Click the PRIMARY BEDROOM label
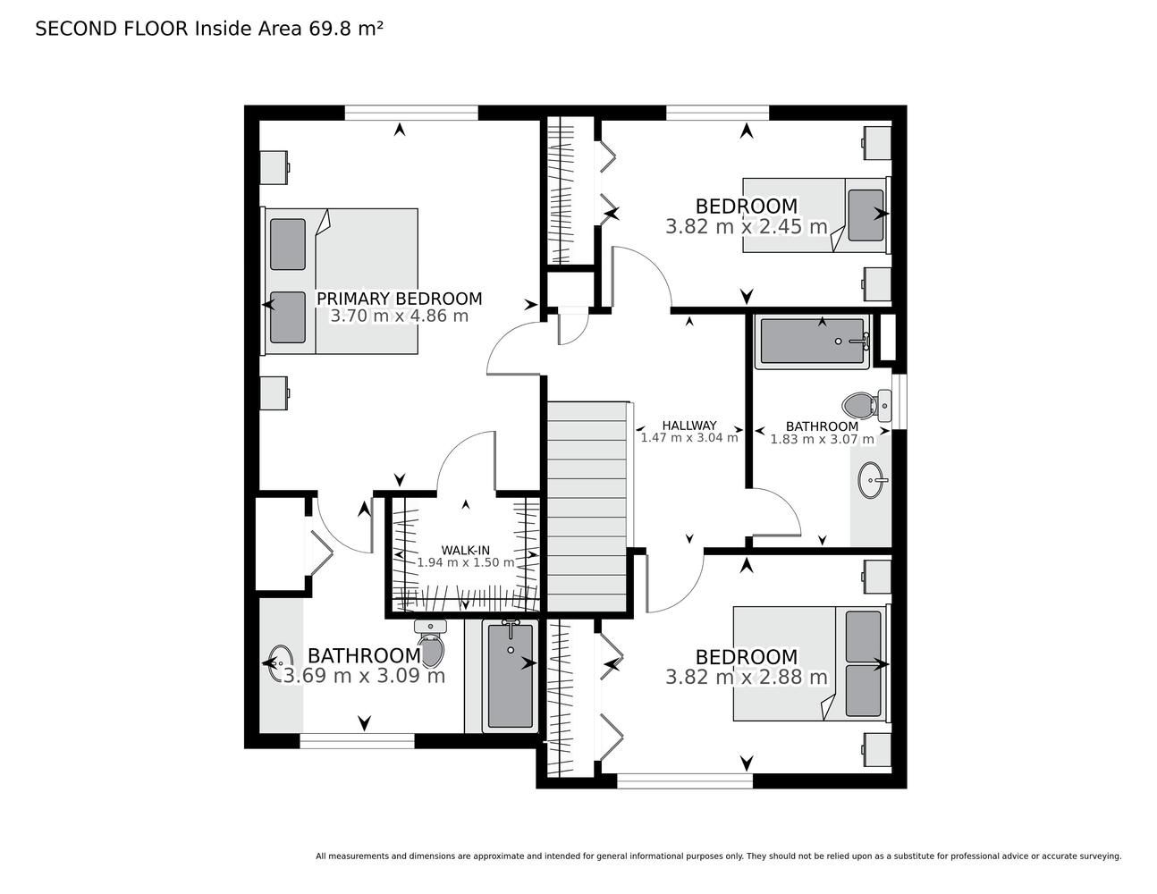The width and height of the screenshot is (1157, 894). coord(400,299)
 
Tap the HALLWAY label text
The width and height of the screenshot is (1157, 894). coord(689,426)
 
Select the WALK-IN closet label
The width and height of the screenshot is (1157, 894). coord(465,551)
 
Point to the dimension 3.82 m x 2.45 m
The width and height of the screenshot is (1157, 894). coord(747,227)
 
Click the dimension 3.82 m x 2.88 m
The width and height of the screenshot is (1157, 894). coord(747,678)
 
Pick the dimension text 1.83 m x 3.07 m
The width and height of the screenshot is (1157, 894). coord(822,439)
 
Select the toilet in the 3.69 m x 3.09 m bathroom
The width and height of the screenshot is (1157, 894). coord(431,643)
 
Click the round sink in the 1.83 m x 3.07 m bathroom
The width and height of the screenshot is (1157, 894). coord(872,480)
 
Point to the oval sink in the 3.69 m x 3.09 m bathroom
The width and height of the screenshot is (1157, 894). coord(281,663)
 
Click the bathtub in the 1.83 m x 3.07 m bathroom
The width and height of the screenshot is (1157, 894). coord(813,342)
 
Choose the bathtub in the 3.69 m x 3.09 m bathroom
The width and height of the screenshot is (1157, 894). coord(510,676)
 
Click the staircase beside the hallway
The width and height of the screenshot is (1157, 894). coord(587,507)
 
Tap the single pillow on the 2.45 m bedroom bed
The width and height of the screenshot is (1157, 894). coord(866,215)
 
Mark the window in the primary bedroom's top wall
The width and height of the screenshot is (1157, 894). coord(411,113)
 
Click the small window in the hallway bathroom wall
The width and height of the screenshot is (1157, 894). coord(899,401)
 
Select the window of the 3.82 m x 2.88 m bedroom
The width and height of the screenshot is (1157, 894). coord(685,781)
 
